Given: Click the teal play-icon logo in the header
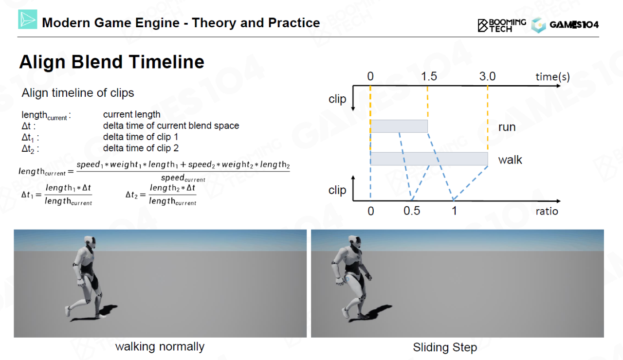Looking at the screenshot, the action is click(28, 19).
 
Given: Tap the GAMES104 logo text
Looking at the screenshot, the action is click(574, 25).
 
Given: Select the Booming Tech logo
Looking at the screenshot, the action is click(502, 25).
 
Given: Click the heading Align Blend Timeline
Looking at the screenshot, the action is click(112, 61).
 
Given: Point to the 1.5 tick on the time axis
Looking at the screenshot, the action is click(429, 76).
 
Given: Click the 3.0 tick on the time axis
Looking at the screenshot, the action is click(487, 76).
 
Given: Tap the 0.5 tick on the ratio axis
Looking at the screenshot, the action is click(412, 211).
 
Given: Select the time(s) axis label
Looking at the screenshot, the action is click(552, 77).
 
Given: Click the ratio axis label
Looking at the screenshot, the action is click(547, 211).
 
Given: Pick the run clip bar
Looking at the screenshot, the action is click(399, 126).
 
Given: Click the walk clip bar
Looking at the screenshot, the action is click(429, 159).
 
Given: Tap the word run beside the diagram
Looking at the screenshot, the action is click(507, 127).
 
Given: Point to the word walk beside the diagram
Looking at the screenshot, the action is click(510, 160).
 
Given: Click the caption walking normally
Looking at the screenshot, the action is click(160, 347).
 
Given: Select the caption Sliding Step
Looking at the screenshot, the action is click(445, 347).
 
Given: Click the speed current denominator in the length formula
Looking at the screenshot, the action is click(183, 178).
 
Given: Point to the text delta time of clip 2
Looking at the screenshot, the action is click(141, 148).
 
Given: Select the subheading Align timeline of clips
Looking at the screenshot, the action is click(78, 93).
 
